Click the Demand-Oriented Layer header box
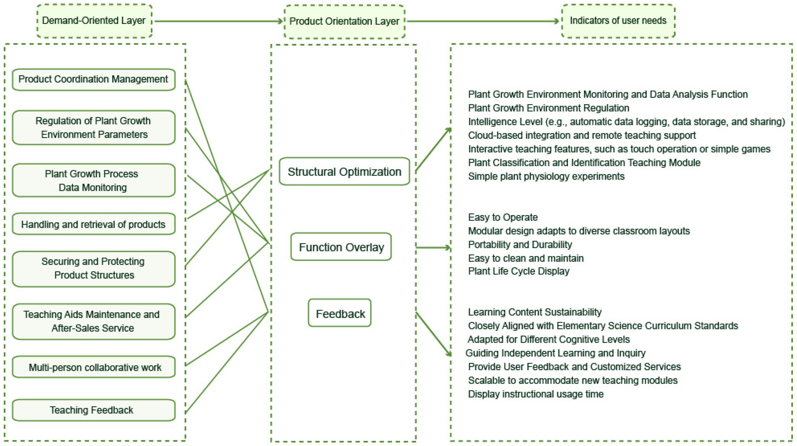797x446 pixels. coord(94,21)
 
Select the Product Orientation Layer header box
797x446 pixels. coord(344,21)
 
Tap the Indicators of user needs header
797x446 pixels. coord(618,21)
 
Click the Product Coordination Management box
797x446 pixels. coord(94,80)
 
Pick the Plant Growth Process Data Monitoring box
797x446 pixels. coord(94,180)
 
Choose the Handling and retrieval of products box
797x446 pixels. coord(94,224)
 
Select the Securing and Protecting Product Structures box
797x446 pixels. coord(94,268)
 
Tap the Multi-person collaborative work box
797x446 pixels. coord(94,367)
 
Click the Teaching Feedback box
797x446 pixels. coord(94,410)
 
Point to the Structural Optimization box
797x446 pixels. coord(344,171)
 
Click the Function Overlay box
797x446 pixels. coord(341,247)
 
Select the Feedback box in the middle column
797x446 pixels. coord(340,313)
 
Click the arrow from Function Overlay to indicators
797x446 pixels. coord(433,247)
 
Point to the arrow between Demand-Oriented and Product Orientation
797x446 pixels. coord(219,21)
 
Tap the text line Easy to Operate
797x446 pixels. coord(503,217)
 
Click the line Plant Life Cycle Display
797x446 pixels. coord(519,271)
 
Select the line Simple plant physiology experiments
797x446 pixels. coord(546,176)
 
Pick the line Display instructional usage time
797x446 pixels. coord(535,394)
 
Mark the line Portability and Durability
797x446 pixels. coord(520,244)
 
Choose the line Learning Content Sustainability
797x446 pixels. coord(535,312)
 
